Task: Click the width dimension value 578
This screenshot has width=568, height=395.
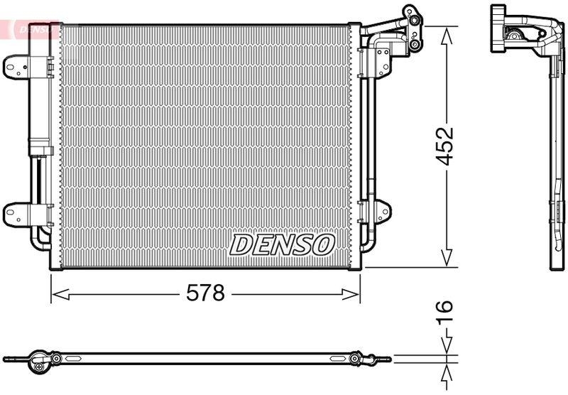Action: pos(205,293)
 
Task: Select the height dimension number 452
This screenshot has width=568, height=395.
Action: pos(445,146)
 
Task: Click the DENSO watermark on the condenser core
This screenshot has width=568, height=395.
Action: pos(283,245)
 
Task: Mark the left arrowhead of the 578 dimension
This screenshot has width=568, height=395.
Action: pos(58,293)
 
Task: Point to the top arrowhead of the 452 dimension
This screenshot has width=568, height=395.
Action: pos(446,32)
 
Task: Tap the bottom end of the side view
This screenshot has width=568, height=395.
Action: pos(555,264)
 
